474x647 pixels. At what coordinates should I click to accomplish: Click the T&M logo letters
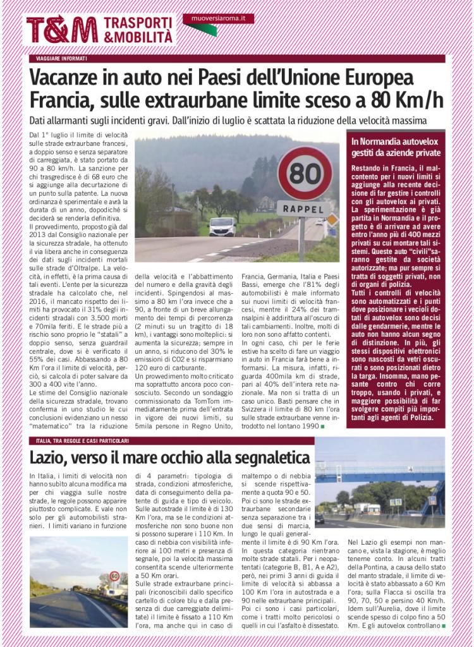point(61,30)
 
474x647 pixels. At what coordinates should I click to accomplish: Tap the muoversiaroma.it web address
point(218,19)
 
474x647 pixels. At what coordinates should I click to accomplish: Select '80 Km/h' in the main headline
point(407,100)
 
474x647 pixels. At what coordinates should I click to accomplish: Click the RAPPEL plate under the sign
point(303,209)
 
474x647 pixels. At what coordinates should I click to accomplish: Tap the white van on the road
point(222,226)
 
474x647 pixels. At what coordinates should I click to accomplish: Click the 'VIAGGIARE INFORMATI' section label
point(61,59)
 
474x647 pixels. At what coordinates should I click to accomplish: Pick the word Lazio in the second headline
point(49,457)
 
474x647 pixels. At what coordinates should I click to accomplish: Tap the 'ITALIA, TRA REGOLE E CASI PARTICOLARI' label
point(82,440)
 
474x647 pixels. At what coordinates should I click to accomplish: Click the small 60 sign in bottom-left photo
point(114,576)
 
